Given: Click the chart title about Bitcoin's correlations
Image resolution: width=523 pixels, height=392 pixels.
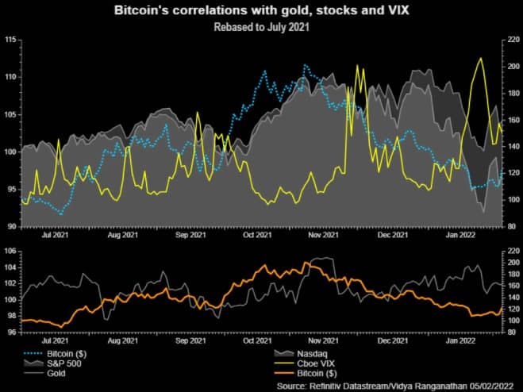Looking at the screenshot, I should [262, 11].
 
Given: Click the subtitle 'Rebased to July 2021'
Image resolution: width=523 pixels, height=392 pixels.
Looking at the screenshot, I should [262, 26].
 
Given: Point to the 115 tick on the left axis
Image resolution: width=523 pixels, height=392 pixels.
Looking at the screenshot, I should [10, 40].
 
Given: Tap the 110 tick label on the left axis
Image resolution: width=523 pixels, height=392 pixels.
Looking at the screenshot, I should [10, 77].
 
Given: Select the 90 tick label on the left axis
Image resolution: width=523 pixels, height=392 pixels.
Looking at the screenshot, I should [12, 226].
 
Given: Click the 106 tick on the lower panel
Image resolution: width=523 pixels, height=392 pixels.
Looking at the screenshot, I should [10, 251].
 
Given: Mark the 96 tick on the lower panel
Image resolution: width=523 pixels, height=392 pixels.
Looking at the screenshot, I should [12, 332].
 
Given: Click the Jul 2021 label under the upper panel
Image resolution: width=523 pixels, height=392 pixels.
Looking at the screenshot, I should [53, 236].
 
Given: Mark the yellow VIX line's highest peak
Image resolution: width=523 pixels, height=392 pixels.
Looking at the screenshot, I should [480, 58].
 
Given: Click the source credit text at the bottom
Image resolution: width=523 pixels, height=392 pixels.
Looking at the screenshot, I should [392, 384].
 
